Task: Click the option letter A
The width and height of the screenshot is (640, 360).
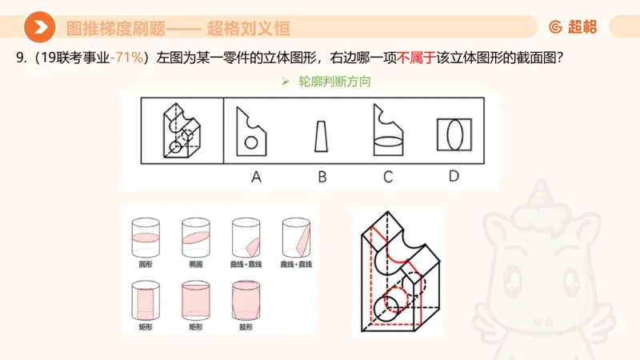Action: [256, 177]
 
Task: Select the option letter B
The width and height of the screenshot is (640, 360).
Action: [322, 177]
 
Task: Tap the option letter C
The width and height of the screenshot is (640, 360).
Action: [387, 177]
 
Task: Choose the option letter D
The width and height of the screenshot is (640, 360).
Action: [454, 176]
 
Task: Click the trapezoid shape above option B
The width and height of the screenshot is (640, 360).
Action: [321, 136]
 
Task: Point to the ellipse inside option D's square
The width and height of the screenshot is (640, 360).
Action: [453, 132]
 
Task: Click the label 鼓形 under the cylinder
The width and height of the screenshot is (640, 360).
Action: [244, 326]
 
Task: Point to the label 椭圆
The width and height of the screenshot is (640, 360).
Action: [195, 263]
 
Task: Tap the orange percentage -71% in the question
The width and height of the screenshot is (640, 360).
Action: [128, 57]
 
